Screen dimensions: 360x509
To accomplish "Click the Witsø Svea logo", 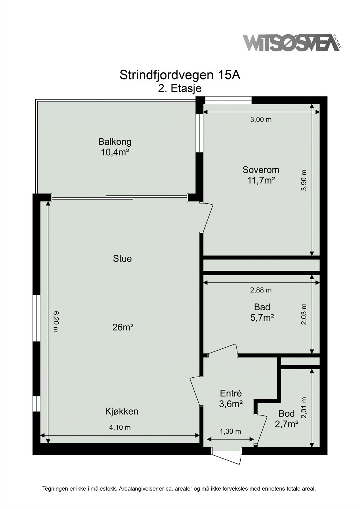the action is point(292,43).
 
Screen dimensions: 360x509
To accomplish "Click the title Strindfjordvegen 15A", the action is point(180,75).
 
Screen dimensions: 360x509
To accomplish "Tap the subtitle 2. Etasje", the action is point(180,88).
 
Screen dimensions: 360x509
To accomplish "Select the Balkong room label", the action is point(115,142).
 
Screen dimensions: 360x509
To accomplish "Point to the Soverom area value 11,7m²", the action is point(261,181).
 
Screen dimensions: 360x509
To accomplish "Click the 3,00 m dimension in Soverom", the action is point(261,120).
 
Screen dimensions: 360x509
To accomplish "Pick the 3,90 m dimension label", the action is point(304,180).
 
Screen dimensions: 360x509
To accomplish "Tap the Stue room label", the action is point(122,259).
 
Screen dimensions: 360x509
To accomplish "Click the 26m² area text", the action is point(123,327).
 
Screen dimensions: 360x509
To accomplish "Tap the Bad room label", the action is point(262,307).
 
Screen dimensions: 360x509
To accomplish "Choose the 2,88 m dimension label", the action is point(261,290).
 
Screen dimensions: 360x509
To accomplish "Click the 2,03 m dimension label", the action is point(304,314).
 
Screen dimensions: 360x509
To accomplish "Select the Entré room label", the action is point(231,393).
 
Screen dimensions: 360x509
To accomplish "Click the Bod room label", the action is point(286,414).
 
